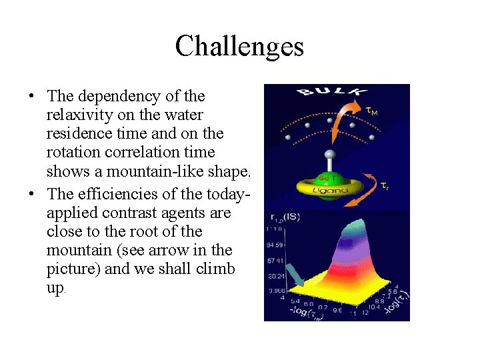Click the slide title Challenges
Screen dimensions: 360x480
click(x=239, y=47)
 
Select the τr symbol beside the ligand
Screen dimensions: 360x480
click(x=385, y=185)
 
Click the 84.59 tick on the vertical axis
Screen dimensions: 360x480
click(x=275, y=244)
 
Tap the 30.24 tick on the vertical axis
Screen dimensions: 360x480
click(x=275, y=275)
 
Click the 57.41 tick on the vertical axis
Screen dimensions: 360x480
click(x=275, y=259)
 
